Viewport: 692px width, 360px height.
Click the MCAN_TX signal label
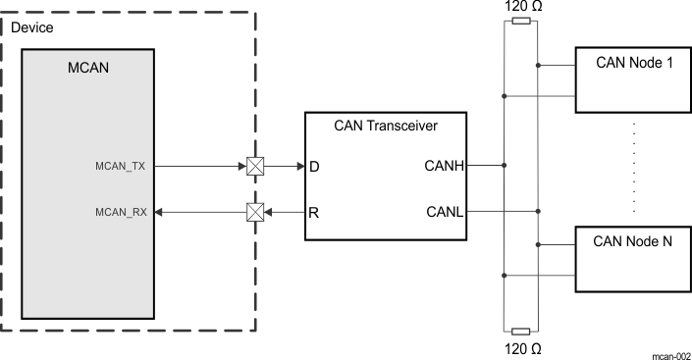[x=121, y=167]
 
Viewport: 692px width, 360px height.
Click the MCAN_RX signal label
[x=121, y=211]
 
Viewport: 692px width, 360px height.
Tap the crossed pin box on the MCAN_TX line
[x=254, y=167]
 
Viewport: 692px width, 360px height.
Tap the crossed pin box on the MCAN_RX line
[x=254, y=211]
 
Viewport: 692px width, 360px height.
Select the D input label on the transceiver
[x=315, y=167]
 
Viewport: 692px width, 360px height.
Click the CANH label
[x=444, y=167]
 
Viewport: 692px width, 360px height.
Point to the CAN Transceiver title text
[x=386, y=126]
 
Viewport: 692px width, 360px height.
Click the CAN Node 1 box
[x=634, y=79]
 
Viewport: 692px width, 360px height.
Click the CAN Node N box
[x=634, y=258]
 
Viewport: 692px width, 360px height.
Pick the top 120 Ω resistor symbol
[x=521, y=21]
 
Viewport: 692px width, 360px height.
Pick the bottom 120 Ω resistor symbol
[x=521, y=332]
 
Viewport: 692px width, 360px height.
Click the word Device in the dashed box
[x=31, y=27]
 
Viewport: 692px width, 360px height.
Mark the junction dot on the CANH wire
[x=504, y=167]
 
